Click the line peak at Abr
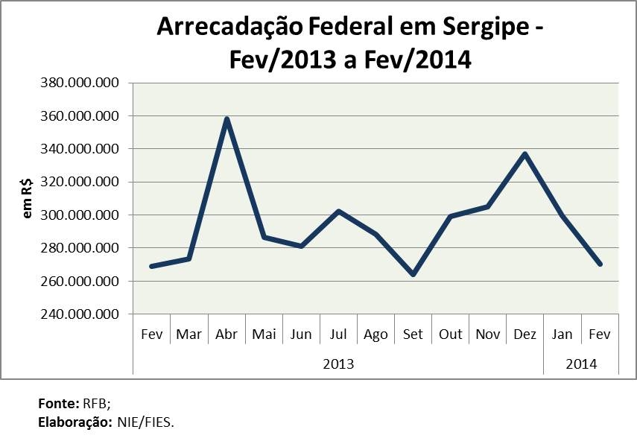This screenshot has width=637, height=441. point(226,119)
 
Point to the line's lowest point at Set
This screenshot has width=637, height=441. point(413,274)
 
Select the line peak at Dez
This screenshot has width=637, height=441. point(525,154)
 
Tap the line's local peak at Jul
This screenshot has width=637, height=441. point(338,212)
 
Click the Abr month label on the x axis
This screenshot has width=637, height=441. point(226,334)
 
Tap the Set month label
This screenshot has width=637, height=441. point(413,334)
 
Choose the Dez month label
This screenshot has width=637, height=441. point(525,334)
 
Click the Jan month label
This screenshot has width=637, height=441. point(562,334)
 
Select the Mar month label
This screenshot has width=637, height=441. point(189,334)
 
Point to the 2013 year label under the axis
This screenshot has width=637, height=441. point(338,364)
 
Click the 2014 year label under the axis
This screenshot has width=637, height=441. point(581,364)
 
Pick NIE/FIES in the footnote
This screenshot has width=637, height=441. point(145,422)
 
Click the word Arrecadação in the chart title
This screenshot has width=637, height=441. point(231,27)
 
